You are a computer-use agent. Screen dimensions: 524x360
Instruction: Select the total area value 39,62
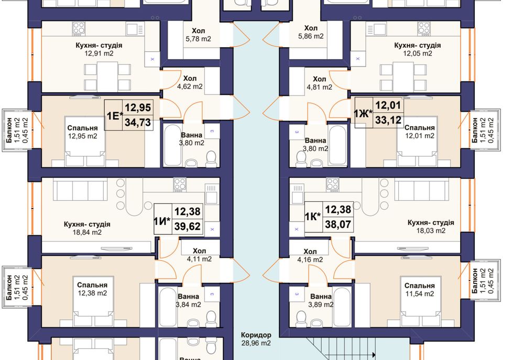(188, 226)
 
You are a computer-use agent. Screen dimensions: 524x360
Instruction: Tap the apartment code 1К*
(313, 216)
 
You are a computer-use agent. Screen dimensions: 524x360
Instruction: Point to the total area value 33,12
(388, 119)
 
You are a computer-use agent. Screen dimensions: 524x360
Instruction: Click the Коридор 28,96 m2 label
(256, 339)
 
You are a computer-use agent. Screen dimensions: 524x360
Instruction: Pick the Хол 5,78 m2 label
(199, 35)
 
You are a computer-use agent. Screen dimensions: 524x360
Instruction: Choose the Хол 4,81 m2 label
(320, 83)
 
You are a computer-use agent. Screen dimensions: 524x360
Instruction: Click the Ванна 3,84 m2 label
(189, 300)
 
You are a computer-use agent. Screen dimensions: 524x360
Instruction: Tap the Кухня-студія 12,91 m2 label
(99, 49)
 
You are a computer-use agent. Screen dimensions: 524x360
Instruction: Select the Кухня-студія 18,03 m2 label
(431, 226)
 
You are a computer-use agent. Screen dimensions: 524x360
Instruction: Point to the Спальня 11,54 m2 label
(419, 289)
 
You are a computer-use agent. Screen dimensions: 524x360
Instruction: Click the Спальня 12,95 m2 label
(83, 132)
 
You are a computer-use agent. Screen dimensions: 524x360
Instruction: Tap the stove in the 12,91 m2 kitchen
(79, 29)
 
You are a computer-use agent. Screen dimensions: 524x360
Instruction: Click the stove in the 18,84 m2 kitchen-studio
(180, 184)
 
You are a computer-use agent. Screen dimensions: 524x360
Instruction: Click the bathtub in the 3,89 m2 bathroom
(342, 307)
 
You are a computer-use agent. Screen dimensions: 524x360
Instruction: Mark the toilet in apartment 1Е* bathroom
(211, 159)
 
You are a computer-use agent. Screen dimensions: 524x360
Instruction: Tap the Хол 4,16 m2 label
(310, 256)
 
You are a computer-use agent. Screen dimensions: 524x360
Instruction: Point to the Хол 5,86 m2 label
(311, 32)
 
